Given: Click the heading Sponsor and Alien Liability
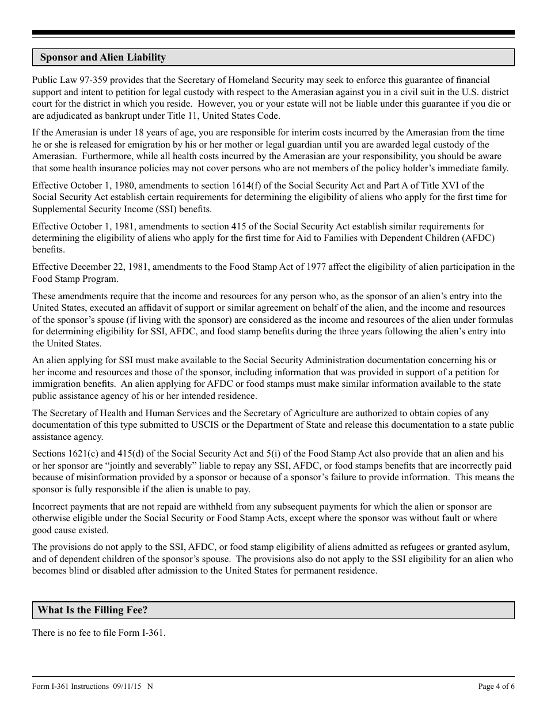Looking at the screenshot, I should (102, 58).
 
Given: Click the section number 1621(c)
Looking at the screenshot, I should (85, 454).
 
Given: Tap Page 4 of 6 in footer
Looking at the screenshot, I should (496, 687).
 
